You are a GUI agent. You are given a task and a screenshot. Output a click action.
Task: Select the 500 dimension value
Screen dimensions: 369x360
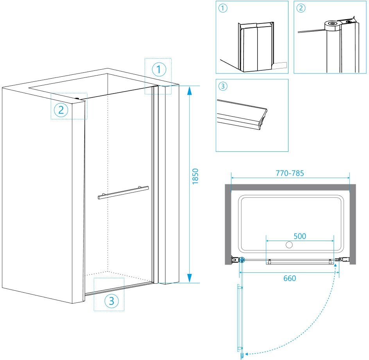(x=299, y=236)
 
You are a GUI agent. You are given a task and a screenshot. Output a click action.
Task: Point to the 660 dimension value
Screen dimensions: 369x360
(x=289, y=278)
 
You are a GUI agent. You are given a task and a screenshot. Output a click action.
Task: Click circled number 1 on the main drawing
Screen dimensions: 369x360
(x=158, y=70)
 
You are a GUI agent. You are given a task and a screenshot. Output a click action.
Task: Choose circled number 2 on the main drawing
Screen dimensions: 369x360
(x=61, y=110)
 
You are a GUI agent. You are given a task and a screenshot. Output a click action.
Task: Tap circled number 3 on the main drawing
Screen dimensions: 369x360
(x=111, y=301)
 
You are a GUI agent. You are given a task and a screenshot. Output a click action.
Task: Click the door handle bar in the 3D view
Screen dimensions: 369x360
(x=123, y=193)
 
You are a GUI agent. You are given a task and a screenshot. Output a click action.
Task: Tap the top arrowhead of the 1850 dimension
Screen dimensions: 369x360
(x=189, y=90)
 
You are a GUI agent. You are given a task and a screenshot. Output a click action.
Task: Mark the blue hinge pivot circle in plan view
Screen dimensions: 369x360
(x=242, y=259)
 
